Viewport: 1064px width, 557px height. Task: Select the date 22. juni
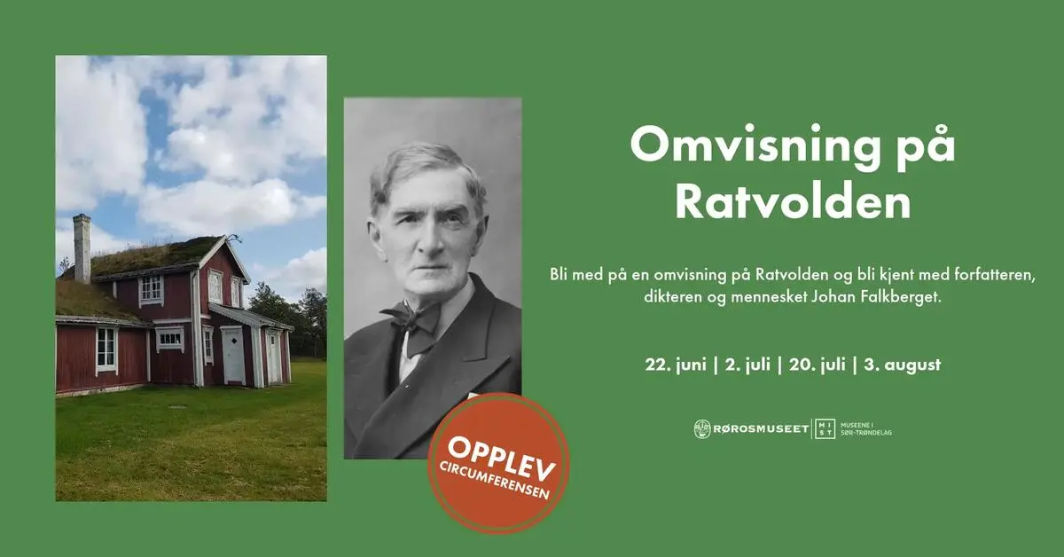point(676,365)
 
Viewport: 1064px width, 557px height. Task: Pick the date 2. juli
point(747,365)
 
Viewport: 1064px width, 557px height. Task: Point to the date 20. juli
point(817,365)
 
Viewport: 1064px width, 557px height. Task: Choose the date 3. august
point(903,365)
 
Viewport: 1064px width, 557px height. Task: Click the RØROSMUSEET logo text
point(761,429)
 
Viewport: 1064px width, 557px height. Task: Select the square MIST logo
point(825,428)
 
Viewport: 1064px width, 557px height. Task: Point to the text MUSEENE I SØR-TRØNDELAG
point(866,428)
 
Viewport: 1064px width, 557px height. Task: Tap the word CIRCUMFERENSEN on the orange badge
point(495,480)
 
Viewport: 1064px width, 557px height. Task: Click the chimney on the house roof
point(82,248)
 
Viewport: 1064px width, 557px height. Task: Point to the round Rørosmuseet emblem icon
point(702,429)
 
